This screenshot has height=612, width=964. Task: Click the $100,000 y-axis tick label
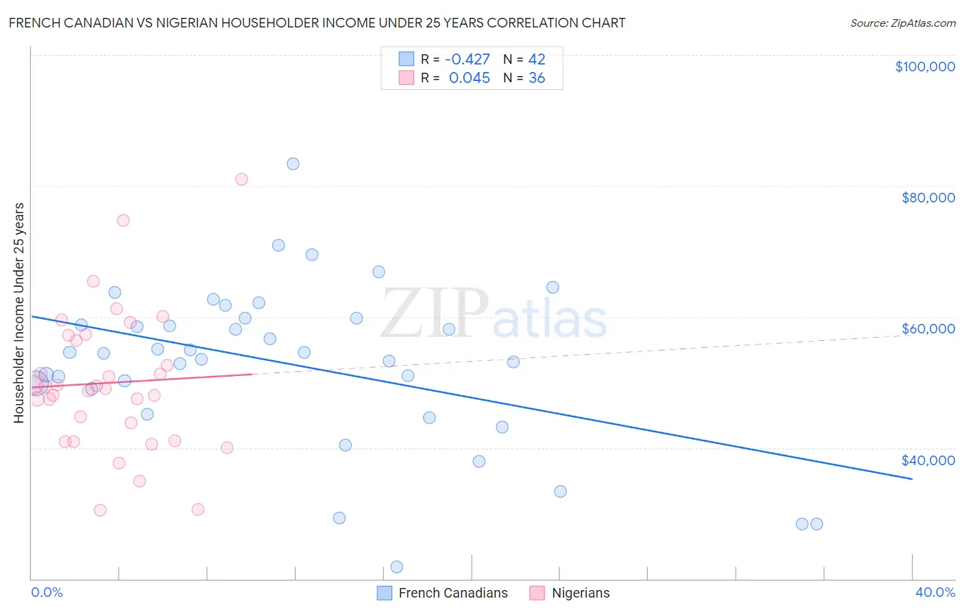point(925,67)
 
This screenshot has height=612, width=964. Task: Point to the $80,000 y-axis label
point(928,198)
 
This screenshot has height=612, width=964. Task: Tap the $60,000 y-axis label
point(928,329)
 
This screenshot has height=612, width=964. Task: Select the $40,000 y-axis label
point(928,460)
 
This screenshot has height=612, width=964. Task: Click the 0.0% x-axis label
point(47,592)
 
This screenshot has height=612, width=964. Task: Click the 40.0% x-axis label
point(935,592)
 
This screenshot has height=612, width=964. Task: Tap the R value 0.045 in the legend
point(469,78)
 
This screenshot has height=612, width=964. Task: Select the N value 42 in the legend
point(537,59)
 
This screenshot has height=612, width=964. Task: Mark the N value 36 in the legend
point(537,78)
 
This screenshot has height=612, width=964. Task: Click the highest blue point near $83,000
point(293,164)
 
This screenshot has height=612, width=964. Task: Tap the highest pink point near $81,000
point(241,179)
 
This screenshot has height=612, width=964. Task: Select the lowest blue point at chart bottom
point(396,567)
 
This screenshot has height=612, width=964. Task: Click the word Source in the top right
point(867,23)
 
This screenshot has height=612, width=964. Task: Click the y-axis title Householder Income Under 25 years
point(19,312)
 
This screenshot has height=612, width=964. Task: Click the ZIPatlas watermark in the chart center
point(494,314)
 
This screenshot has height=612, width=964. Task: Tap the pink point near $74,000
point(123,220)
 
